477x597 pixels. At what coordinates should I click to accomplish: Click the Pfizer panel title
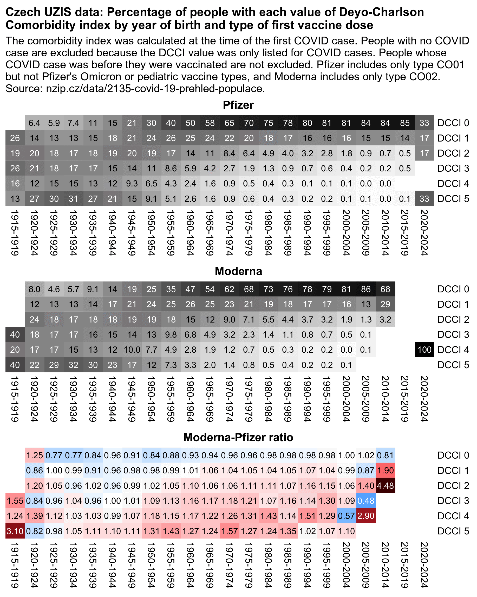coord(238,105)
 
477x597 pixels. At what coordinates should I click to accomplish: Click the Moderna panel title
coord(238,271)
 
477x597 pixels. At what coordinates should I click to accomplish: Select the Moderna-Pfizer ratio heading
coord(238,437)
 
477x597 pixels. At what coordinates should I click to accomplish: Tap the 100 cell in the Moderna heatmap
coord(424,350)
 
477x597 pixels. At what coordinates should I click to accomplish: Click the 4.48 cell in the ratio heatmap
coord(385,485)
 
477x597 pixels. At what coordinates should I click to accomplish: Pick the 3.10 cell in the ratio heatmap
coord(15,531)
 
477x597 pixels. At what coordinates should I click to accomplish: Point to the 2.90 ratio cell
coord(366,516)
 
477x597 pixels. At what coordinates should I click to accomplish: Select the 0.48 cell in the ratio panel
coord(366,501)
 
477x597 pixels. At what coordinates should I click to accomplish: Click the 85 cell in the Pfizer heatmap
coord(405,123)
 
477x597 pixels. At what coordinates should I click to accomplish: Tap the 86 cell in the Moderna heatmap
coord(366,289)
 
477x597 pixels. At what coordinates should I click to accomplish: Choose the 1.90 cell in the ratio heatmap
coord(385,471)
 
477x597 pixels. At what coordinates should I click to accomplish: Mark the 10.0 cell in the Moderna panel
coord(132,350)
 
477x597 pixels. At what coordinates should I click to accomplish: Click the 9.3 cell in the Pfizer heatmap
coord(132,183)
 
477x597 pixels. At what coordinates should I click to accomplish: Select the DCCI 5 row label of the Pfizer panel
coord(453,199)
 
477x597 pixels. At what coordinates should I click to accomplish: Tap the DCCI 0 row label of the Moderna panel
coord(453,289)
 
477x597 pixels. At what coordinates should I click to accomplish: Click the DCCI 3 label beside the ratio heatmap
coord(453,501)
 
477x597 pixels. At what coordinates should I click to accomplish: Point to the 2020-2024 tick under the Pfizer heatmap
coord(424,233)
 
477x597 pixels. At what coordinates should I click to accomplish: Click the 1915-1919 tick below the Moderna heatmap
coord(15,399)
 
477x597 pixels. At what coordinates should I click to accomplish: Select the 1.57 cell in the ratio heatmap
coord(229,531)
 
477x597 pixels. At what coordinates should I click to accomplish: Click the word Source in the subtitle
coord(22,89)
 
